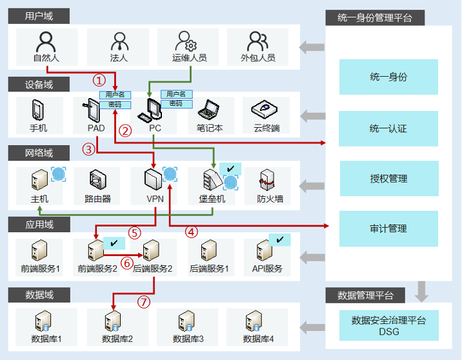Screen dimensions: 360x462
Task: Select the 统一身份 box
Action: coord(388,77)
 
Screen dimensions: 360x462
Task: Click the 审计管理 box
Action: coord(388,228)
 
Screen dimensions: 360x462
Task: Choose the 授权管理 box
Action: coord(388,179)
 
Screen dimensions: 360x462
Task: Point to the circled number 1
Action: coord(99,80)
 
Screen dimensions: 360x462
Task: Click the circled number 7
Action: coord(145,301)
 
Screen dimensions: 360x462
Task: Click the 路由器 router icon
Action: coord(98,180)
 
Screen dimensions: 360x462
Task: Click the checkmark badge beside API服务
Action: coord(280,239)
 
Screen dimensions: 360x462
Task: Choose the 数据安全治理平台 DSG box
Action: coord(388,325)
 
